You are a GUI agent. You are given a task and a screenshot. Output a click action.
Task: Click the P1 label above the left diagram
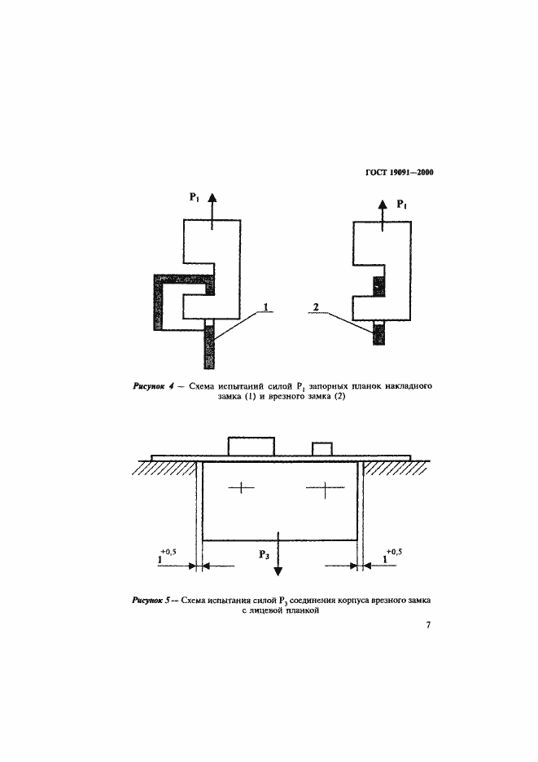coord(195,198)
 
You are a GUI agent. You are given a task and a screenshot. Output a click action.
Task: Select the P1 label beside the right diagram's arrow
coord(403,205)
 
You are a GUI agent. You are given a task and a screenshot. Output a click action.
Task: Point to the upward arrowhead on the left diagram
coord(212,198)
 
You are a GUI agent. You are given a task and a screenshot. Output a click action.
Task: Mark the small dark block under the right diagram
coord(378,334)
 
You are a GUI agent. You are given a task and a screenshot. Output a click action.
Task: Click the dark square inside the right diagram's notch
coord(378,286)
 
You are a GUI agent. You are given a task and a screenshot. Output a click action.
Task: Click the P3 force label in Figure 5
coord(265,554)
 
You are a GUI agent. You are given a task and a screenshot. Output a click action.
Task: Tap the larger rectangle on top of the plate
coord(251,447)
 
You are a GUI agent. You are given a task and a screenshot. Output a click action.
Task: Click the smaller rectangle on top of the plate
coord(323,449)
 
